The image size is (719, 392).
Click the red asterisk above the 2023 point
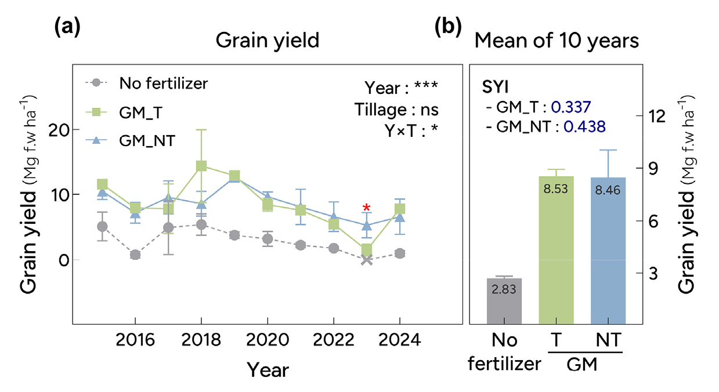coord(366,207)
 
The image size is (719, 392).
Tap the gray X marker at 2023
coord(367,260)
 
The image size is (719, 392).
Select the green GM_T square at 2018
coord(201,166)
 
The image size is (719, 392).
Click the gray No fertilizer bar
coord(504,301)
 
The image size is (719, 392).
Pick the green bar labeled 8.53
coord(556,250)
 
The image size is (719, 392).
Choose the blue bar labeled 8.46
coord(608,251)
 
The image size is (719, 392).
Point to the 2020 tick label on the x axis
coord(268,340)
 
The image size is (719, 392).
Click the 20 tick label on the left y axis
coord(59,130)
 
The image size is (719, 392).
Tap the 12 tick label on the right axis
coord(657,116)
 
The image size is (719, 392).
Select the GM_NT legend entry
coord(131,140)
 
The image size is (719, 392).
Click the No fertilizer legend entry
coord(146,84)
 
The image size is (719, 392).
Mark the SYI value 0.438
coord(584,127)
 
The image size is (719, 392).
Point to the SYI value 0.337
coord(570,107)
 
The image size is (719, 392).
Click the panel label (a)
coord(67,27)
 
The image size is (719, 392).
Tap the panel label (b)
coord(448,27)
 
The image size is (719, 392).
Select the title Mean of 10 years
coord(557,41)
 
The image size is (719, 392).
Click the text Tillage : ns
coord(396,110)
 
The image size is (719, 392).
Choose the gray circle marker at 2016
coord(135,255)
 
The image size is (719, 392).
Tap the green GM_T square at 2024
coord(400,209)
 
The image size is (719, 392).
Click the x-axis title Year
coord(268,370)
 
